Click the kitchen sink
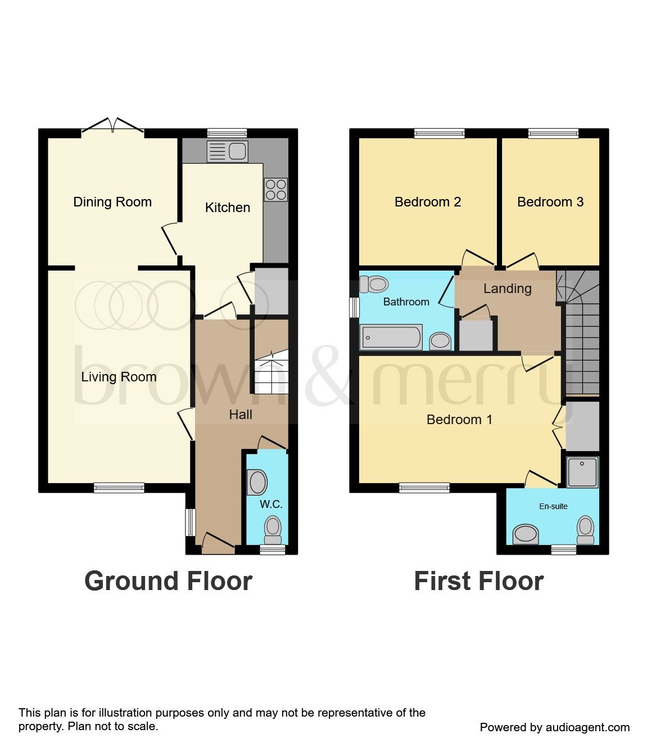coord(228,151)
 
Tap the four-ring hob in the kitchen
coord(275,189)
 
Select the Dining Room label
coord(112,202)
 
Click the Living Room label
coord(119,377)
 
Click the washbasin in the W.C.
coord(257,482)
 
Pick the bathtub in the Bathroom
coord(391,337)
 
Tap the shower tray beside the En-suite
coord(582,471)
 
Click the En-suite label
coord(553,506)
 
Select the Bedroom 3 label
coord(550,202)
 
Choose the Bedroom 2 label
coord(428,202)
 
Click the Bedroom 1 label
coord(459,420)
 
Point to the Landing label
coord(507,289)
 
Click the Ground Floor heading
coord(168,581)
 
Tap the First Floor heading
coord(478,581)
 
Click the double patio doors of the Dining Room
coord(113,127)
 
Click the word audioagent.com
coord(587,727)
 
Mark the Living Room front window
coord(119,488)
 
